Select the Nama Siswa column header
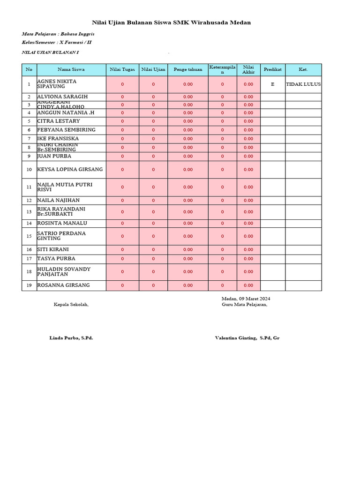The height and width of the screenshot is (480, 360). (71, 69)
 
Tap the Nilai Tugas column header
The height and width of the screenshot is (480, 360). (122, 69)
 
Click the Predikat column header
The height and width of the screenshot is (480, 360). (273, 69)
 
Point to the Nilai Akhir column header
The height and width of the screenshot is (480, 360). (248, 69)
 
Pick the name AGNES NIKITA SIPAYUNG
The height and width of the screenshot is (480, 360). (57, 84)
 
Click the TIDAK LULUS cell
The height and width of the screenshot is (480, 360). (303, 84)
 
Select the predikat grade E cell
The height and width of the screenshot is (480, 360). (273, 84)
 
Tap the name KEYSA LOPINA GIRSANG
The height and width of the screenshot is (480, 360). (70, 169)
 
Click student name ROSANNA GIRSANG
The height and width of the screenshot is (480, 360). (63, 285)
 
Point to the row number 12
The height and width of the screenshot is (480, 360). (29, 200)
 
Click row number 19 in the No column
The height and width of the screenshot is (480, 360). (29, 285)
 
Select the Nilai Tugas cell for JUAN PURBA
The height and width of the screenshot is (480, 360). (122, 156)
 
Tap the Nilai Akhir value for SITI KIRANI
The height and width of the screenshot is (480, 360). (248, 249)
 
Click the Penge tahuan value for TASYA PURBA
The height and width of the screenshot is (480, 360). (188, 258)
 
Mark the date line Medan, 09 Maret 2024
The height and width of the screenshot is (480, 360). (246, 299)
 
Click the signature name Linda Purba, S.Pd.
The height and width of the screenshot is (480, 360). (71, 337)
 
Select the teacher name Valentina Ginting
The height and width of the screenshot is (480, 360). (247, 337)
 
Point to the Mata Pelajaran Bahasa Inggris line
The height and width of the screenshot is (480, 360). (58, 34)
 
